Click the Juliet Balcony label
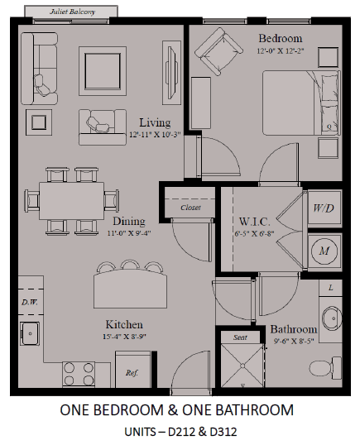72,12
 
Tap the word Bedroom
281,38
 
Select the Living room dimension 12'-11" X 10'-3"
155,135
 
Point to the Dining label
129,221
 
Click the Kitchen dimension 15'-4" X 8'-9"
124,336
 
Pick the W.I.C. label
254,222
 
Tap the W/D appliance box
324,208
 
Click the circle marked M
324,251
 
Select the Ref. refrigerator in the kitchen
133,369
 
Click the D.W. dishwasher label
30,302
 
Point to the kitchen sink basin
30,333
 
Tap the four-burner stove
79,375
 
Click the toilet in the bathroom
325,367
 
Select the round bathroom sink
332,318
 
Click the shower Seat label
240,337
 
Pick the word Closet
190,208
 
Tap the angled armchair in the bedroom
218,52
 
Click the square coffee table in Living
103,71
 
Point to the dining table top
72,201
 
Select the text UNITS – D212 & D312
180,432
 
